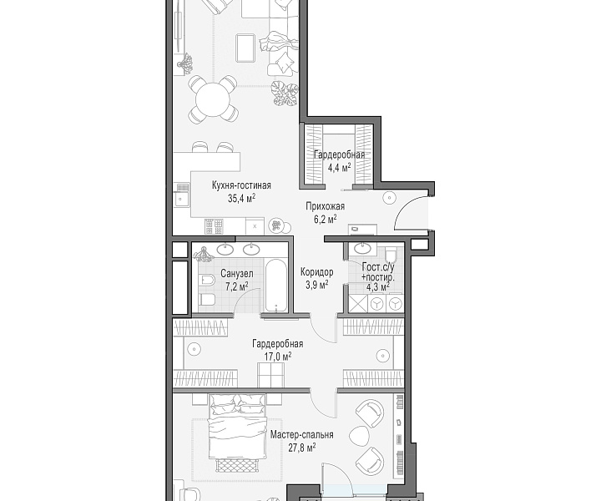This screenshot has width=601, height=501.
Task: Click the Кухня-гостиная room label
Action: pyautogui.click(x=241, y=185)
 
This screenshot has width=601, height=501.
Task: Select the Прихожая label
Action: pyautogui.click(x=325, y=206)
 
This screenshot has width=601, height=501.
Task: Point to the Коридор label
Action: pyautogui.click(x=316, y=272)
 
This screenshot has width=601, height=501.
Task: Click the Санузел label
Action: pyautogui.click(x=237, y=274)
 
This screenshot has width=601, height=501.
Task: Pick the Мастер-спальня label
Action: pyautogui.click(x=301, y=435)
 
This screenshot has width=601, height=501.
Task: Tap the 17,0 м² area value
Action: pyautogui.click(x=277, y=357)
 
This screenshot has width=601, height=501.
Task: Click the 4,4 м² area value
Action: pyautogui.click(x=339, y=168)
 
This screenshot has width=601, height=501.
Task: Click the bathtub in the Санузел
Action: pyautogui.click(x=276, y=286)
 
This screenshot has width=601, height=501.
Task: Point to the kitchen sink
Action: pyautogui.click(x=181, y=199)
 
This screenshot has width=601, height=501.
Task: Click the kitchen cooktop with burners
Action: pyautogui.click(x=214, y=226)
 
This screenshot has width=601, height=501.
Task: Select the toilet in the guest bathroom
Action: pyautogui.click(x=391, y=254)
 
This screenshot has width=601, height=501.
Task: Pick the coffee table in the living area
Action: pyautogui.click(x=245, y=48)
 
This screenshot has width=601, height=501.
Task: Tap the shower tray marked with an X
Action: pyautogui.click(x=357, y=304)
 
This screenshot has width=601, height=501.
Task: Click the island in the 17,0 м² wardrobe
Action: pyautogui.click(x=270, y=375)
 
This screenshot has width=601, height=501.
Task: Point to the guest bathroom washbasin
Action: pyautogui.click(x=362, y=248)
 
